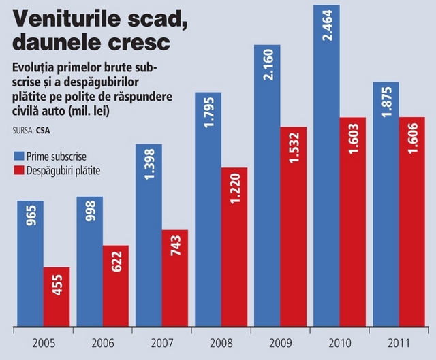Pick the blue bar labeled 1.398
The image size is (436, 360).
tap(149, 235)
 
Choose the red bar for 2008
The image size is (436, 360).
tap(234, 245)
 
